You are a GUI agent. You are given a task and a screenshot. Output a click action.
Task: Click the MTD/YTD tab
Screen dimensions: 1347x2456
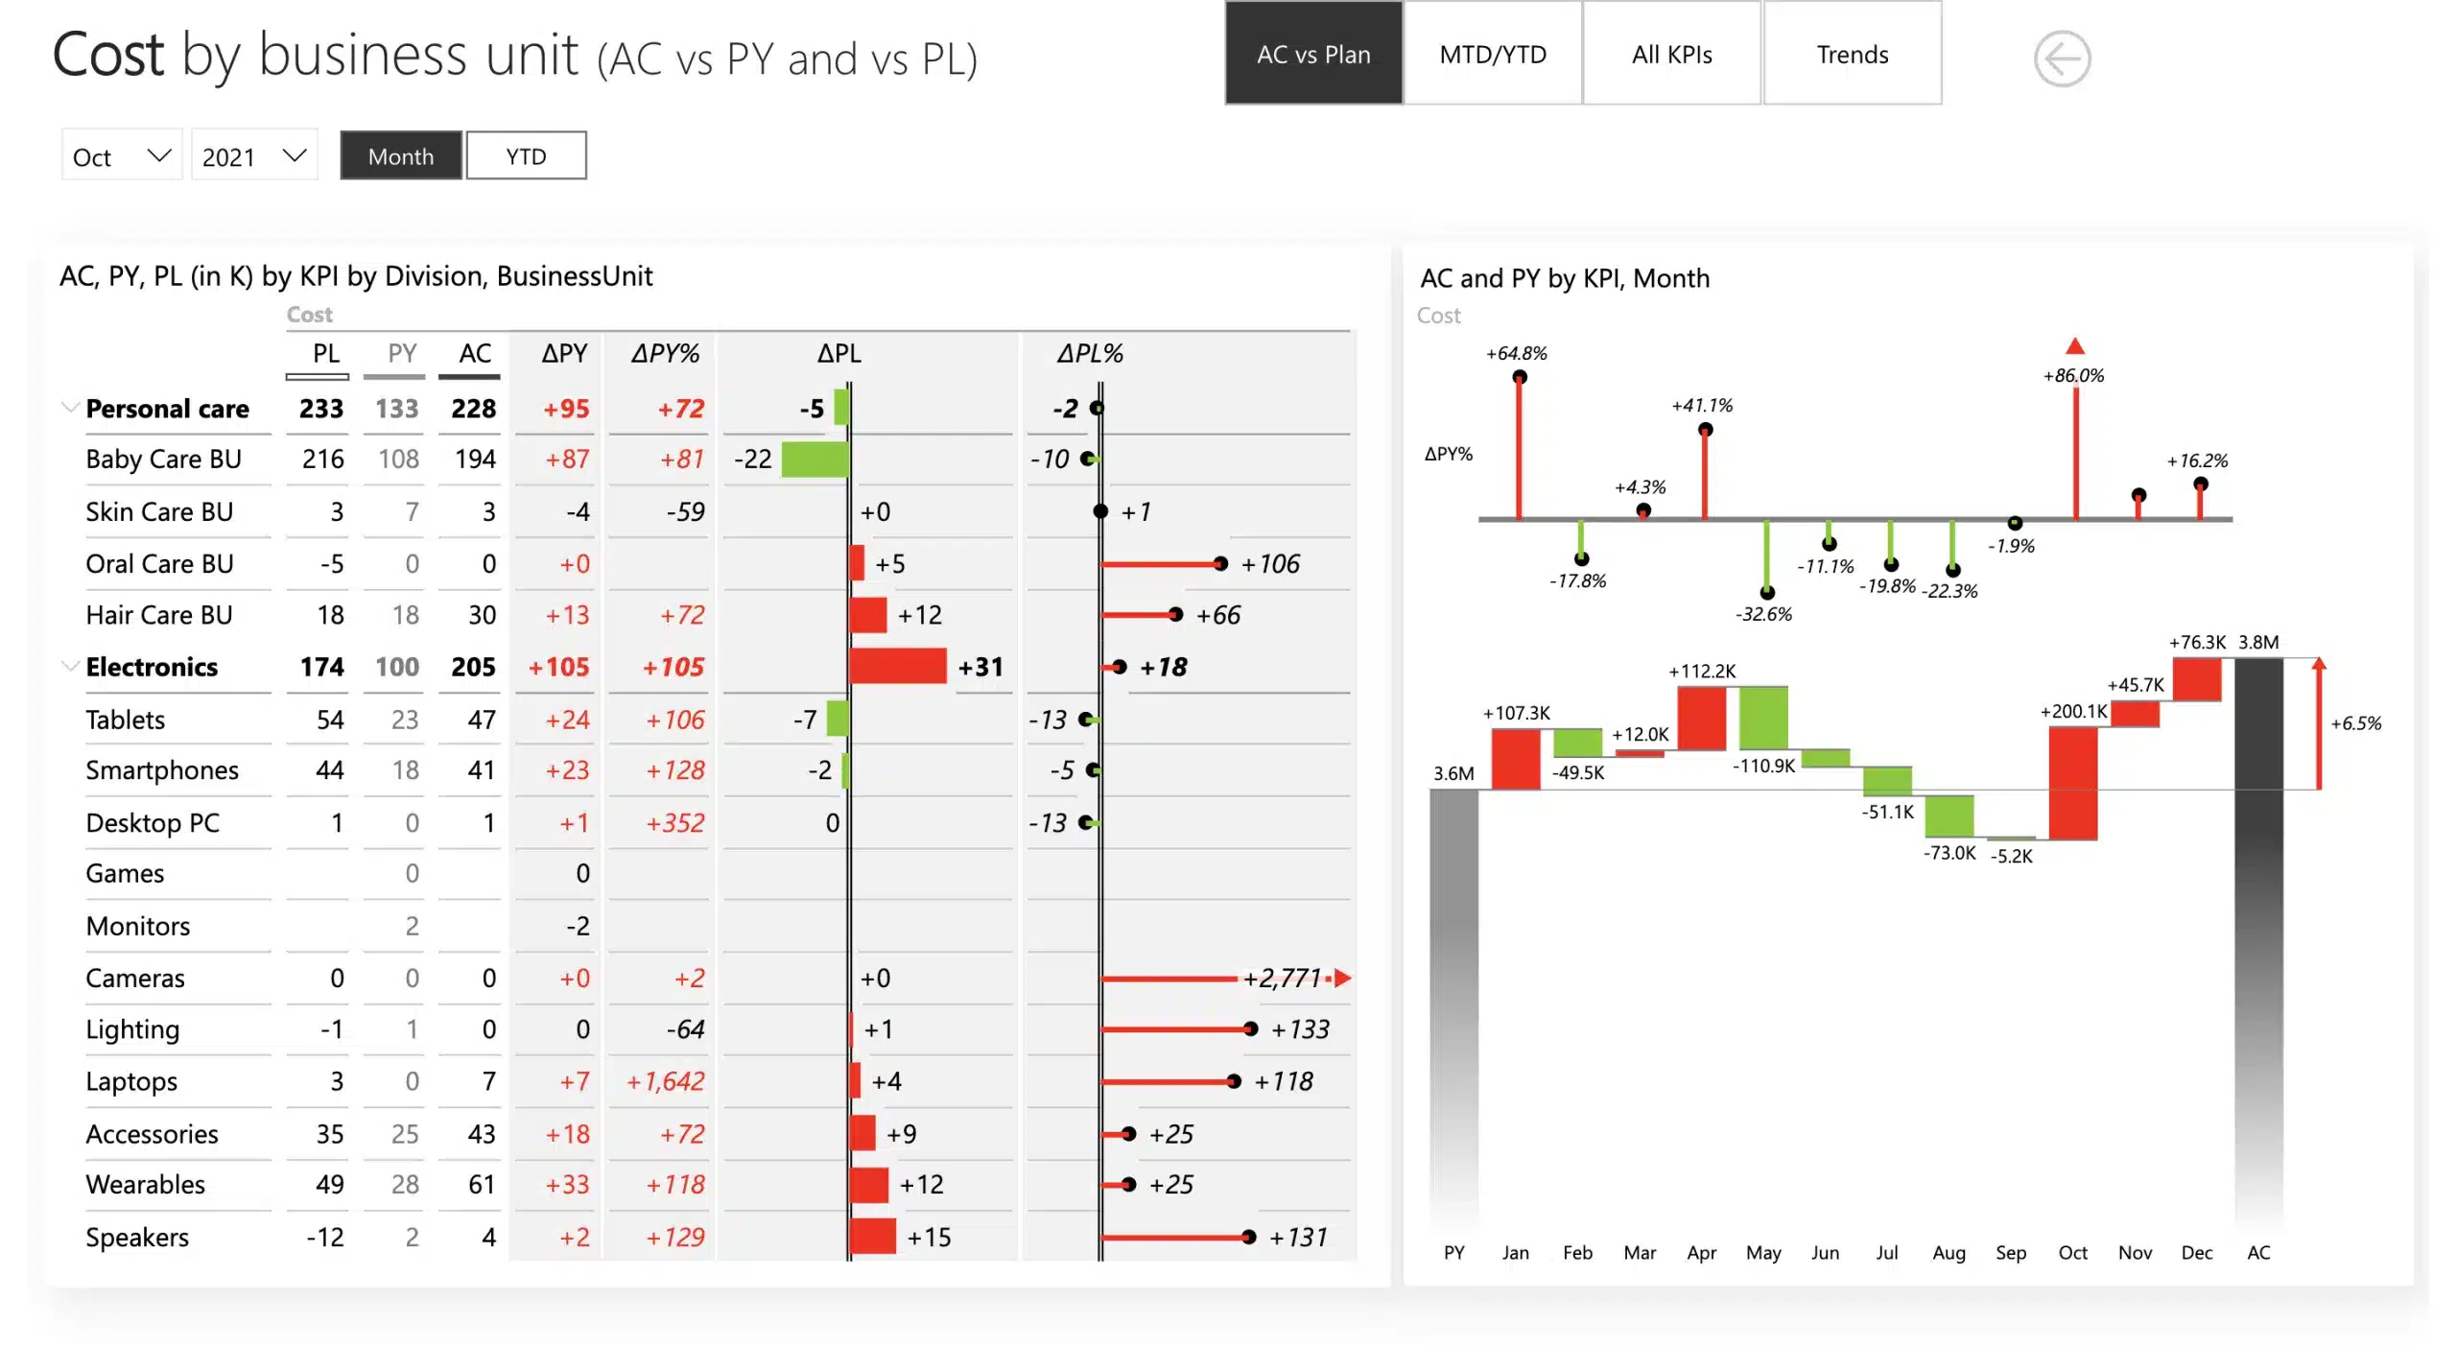1492,55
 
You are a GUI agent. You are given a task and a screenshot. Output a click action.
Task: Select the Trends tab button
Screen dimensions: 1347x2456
1852,55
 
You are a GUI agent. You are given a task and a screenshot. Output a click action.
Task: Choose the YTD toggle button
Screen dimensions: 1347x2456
526,156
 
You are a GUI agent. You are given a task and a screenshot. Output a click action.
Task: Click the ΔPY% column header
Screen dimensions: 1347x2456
664,354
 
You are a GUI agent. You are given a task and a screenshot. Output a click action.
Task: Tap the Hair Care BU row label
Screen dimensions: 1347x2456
159,615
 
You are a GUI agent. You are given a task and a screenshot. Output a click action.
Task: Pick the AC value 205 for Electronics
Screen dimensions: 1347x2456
473,667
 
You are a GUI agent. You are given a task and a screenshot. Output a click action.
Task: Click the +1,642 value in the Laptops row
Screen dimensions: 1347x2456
665,1081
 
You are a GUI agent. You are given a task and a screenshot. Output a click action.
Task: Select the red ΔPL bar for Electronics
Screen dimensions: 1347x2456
897,666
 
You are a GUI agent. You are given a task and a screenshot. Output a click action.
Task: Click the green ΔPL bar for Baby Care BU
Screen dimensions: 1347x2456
815,460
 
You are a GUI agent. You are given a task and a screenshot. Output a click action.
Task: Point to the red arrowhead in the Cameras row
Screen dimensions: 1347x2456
1343,978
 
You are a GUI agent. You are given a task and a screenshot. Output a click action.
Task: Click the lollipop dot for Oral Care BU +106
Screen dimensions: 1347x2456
1219,564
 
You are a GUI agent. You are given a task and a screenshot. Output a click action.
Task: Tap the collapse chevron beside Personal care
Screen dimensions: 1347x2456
70,408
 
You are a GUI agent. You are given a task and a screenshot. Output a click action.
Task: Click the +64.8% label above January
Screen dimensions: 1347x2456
1516,354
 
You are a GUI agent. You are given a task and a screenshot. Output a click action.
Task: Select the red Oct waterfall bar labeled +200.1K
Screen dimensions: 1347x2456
2072,783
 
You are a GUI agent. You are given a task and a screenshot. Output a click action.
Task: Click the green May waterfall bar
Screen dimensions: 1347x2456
1763,718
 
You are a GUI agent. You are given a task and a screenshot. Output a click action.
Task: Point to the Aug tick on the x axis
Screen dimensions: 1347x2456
1948,1252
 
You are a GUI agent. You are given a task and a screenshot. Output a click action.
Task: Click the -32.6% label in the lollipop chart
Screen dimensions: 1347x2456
1763,614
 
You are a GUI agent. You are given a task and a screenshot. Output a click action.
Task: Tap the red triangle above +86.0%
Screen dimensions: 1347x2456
2074,346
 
